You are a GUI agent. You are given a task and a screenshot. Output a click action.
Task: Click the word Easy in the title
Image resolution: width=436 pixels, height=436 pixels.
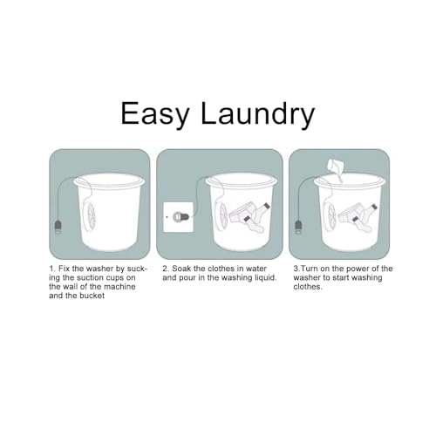coord(155,114)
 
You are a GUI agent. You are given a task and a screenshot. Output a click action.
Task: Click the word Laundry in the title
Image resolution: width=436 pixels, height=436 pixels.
coord(257,113)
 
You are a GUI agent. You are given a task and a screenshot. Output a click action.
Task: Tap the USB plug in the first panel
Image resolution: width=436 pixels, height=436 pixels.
coord(58,228)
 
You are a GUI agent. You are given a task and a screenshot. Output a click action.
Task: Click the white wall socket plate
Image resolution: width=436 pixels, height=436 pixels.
coord(179,217)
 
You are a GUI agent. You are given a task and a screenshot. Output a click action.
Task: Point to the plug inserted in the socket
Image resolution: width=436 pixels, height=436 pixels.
coord(181,217)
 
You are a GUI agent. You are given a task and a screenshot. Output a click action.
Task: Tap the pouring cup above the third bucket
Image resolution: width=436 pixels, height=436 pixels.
coord(336,166)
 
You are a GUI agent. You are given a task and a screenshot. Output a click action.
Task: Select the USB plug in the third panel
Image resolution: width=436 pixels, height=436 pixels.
coord(298,227)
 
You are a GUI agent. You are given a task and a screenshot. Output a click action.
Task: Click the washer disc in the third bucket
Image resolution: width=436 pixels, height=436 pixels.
coord(330,217)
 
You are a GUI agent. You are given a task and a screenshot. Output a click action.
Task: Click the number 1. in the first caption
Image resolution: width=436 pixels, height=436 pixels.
coord(52,269)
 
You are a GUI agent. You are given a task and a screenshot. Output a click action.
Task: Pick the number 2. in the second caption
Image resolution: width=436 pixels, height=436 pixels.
coord(166,269)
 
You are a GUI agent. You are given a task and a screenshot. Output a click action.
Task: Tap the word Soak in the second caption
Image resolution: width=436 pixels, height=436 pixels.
coord(181,269)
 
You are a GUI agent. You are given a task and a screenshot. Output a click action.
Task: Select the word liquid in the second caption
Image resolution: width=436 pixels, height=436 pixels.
coord(266,278)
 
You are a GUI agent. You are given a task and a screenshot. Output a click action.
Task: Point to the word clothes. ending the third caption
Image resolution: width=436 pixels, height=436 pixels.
coord(308,287)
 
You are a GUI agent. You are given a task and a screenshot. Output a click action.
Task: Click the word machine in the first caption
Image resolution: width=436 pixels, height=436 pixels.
coord(119,287)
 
